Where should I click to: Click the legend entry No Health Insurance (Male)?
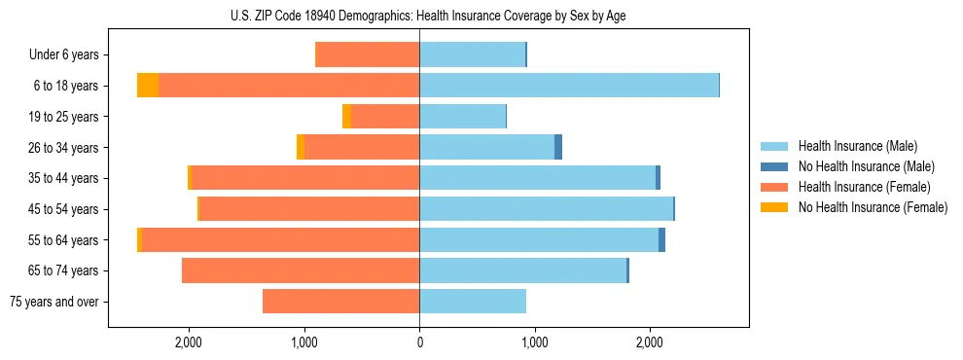(866, 166)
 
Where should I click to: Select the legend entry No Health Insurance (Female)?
(873, 207)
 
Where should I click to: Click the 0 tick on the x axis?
(419, 342)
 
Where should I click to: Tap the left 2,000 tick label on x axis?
(188, 342)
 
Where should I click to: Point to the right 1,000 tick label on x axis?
(534, 342)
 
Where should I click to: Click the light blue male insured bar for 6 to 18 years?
(569, 86)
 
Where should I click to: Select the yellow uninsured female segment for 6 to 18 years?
(148, 86)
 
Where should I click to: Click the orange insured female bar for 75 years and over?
(340, 302)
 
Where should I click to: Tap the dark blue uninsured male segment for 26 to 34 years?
(558, 147)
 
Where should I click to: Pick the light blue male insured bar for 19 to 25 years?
(462, 117)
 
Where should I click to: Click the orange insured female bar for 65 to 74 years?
(301, 270)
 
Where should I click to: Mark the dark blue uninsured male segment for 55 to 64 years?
(662, 239)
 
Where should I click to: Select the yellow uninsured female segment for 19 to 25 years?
(347, 117)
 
